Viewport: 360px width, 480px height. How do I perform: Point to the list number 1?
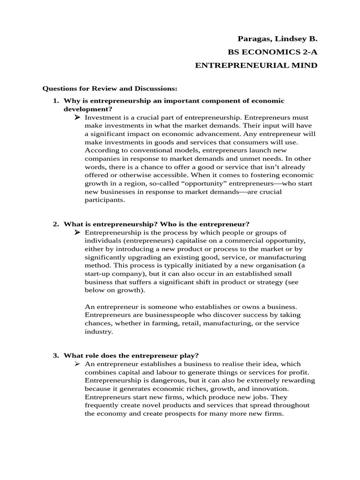coord(55,101)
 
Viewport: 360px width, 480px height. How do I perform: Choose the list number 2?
coord(55,224)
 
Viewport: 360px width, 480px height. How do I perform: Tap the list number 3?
coord(55,355)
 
